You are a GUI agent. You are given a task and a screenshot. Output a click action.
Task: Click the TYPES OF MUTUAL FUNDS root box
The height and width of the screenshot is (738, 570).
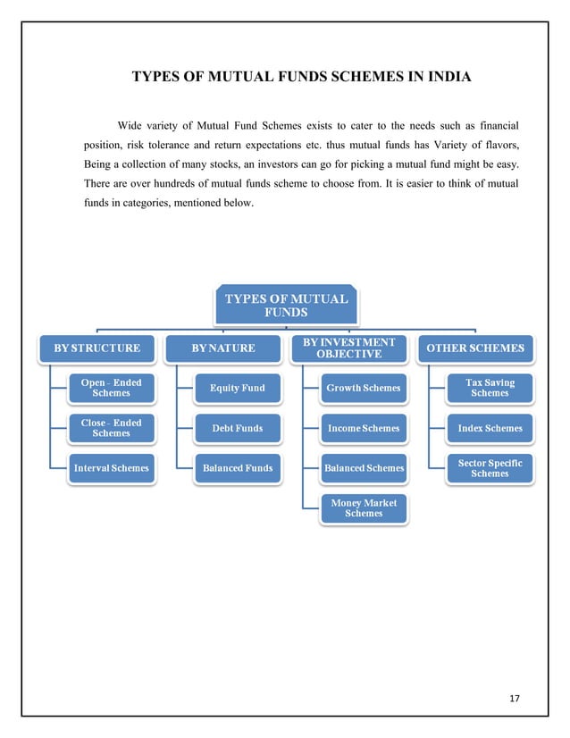coord(286,305)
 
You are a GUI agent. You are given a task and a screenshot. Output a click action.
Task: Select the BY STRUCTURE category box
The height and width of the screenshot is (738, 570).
coord(97,348)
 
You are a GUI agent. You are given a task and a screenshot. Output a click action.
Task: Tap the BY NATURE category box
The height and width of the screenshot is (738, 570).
coord(223,348)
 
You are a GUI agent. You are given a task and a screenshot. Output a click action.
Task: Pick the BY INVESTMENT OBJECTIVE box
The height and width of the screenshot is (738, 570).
coord(348,348)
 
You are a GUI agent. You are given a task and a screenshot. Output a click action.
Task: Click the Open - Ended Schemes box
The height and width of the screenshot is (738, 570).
coord(111,388)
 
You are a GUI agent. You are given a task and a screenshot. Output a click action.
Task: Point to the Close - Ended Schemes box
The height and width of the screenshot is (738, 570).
coord(111,428)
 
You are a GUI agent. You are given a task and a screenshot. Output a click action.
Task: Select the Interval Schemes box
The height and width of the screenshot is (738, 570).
coord(111,467)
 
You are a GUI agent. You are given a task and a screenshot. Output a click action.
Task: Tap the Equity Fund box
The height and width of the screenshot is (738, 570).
coord(237,388)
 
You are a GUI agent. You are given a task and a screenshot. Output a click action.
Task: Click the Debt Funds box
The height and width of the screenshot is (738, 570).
coord(237,428)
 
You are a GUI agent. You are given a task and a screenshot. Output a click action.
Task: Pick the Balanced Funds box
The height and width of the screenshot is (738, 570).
coord(237,467)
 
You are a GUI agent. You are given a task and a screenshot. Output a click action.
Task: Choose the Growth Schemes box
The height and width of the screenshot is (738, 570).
coord(363,388)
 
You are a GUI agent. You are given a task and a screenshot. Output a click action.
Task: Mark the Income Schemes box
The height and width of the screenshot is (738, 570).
coord(363,428)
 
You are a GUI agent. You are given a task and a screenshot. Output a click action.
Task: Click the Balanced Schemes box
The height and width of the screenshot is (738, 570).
coord(363,467)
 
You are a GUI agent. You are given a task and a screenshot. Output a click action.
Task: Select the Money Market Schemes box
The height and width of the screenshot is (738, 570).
coord(363,507)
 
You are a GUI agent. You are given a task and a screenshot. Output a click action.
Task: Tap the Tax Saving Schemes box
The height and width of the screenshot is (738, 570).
coord(490,388)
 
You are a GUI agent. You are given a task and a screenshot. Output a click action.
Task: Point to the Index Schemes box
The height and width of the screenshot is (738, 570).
coord(490,428)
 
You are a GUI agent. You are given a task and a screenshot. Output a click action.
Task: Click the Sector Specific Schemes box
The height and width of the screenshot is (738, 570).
coord(490,467)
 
